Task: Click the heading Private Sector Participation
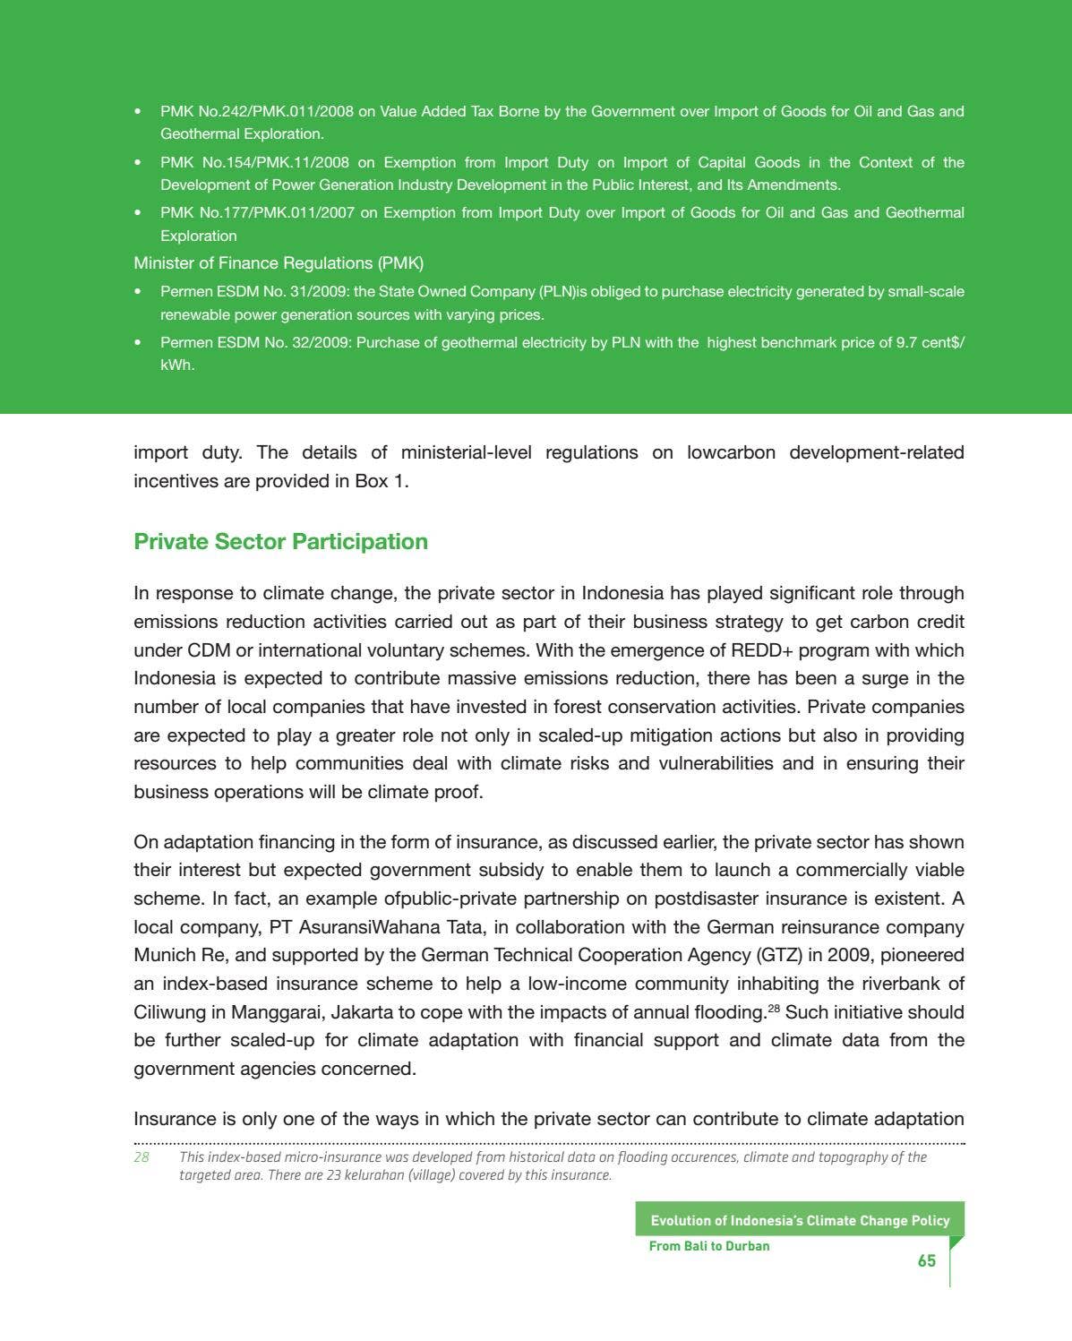point(280,542)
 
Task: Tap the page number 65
point(926,1261)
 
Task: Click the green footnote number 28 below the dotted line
point(142,1157)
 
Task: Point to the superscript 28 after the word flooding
point(774,1009)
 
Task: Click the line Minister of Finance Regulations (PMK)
point(279,263)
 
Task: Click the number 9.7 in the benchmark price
point(906,343)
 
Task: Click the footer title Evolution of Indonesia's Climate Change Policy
point(800,1221)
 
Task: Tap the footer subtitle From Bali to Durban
point(709,1246)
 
